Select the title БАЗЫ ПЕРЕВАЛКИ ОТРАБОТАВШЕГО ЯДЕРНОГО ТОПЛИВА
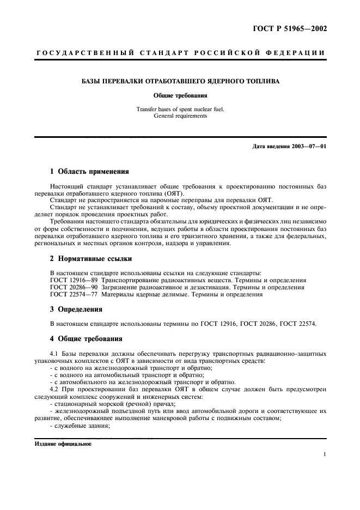point(180,81)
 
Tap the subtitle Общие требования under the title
point(180,94)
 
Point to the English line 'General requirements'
point(180,116)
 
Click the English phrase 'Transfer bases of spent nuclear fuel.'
point(180,109)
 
